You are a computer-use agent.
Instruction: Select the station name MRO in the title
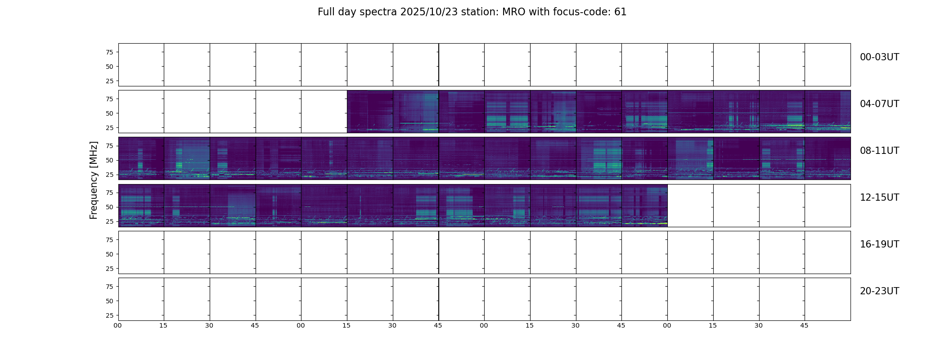[510, 12]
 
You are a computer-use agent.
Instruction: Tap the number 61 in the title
[620, 12]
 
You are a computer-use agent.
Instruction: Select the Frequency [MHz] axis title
[94, 180]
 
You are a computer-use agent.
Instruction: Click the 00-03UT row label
[879, 57]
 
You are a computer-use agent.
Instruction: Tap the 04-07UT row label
[879, 104]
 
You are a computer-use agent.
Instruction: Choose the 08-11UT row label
[879, 151]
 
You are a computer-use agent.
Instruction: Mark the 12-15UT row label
[879, 198]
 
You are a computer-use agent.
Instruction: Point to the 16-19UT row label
[879, 244]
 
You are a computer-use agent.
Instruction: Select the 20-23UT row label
[879, 291]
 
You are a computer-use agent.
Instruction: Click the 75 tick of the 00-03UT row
[109, 52]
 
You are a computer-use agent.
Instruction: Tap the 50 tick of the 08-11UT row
[109, 160]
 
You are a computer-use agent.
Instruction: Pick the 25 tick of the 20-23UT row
[109, 315]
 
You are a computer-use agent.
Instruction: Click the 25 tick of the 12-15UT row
[109, 221]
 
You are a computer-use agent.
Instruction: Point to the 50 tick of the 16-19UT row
[109, 254]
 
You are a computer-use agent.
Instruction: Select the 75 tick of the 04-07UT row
[109, 99]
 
